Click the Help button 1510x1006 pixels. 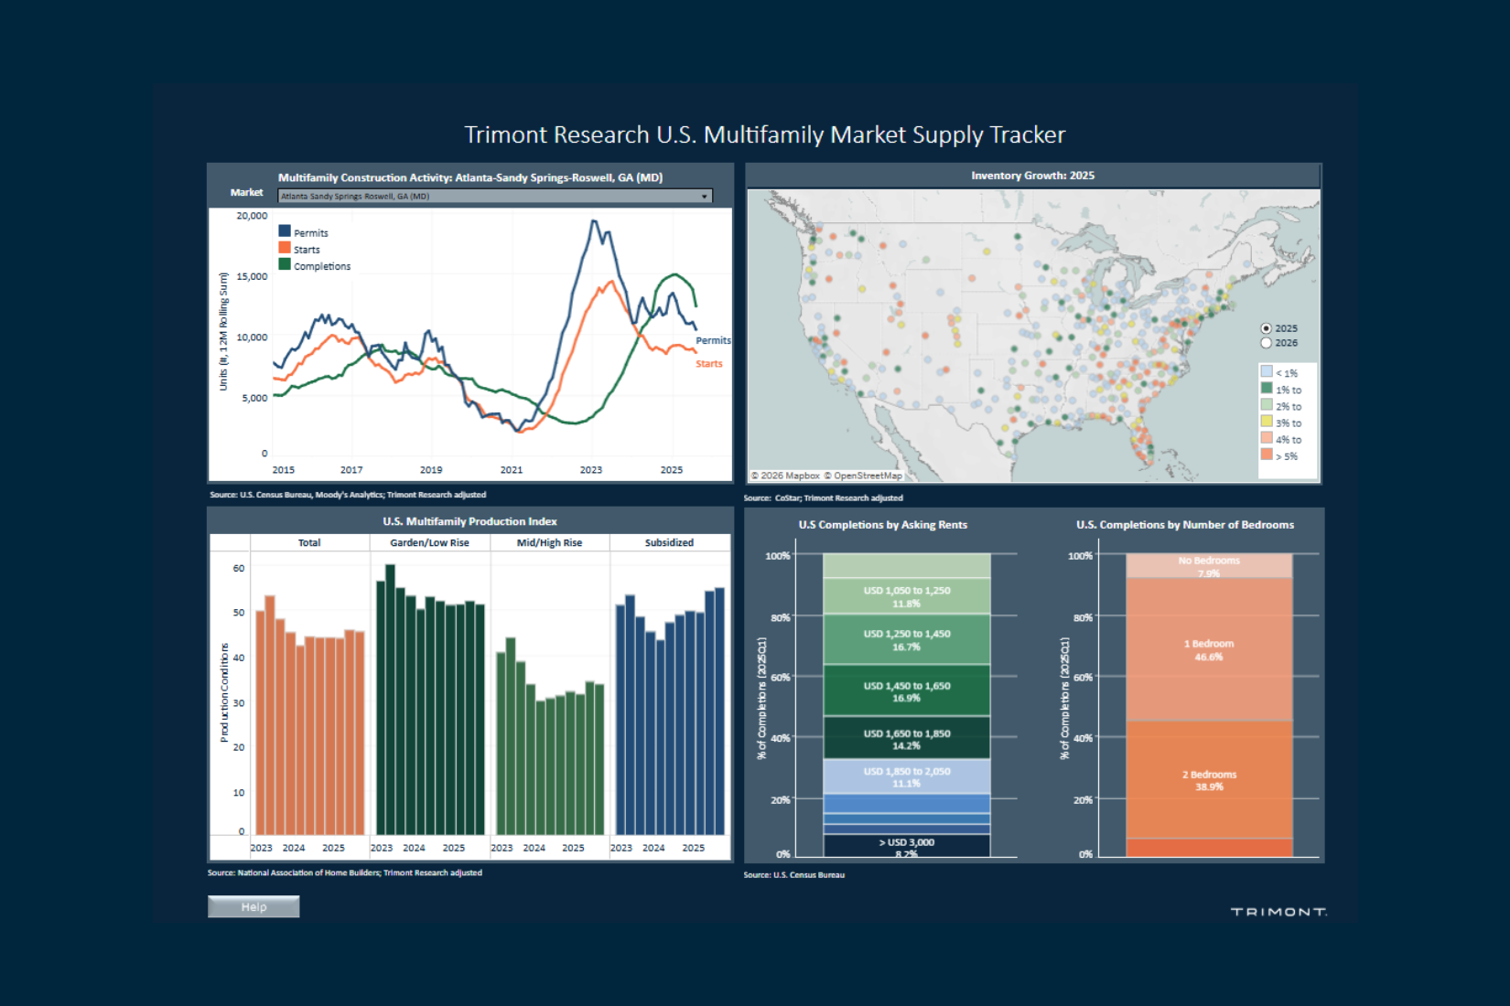[x=253, y=906]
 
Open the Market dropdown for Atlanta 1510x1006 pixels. [x=494, y=196]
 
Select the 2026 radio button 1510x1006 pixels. [x=1267, y=343]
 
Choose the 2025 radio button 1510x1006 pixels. [x=1267, y=328]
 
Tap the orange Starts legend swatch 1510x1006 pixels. [x=285, y=248]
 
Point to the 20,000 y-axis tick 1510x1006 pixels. [x=252, y=216]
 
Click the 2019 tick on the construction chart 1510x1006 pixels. [x=431, y=470]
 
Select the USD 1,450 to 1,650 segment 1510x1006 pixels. [x=906, y=690]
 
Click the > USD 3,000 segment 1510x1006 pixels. [x=906, y=846]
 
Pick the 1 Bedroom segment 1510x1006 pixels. [x=1208, y=649]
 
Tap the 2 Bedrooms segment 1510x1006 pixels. [x=1208, y=779]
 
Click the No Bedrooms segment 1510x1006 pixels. [x=1208, y=565]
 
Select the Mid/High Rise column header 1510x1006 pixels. [x=549, y=542]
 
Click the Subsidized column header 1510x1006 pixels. [x=669, y=542]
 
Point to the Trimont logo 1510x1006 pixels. [x=1278, y=912]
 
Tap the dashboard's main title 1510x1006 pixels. [x=764, y=135]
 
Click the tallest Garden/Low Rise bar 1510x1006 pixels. [x=390, y=700]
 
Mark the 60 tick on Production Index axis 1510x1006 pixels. [x=239, y=568]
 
